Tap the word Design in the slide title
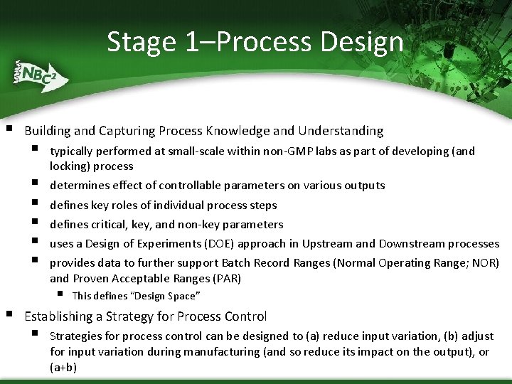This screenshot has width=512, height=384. [362, 43]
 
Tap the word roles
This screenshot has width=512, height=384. [123, 205]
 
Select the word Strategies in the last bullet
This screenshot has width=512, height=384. [75, 336]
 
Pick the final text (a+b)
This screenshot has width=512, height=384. [63, 368]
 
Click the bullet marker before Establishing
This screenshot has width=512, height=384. [9, 314]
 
